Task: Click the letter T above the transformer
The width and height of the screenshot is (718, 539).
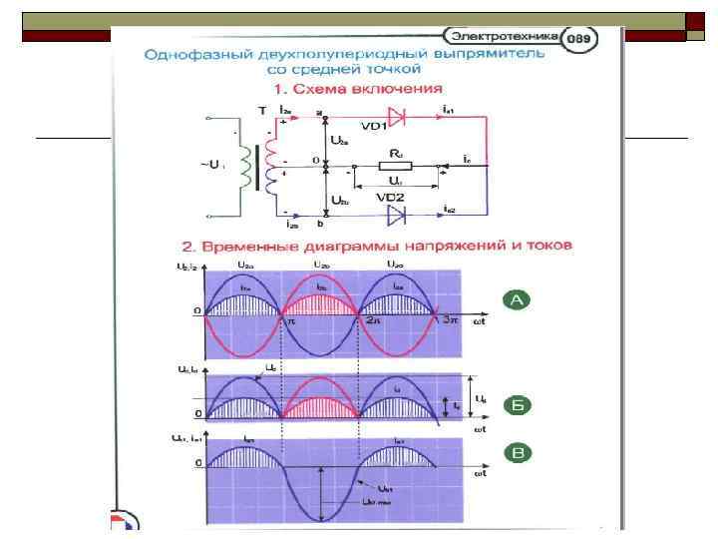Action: tap(261, 110)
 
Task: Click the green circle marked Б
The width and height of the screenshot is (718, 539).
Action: tap(517, 405)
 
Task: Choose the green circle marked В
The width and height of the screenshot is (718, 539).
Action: tap(517, 454)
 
